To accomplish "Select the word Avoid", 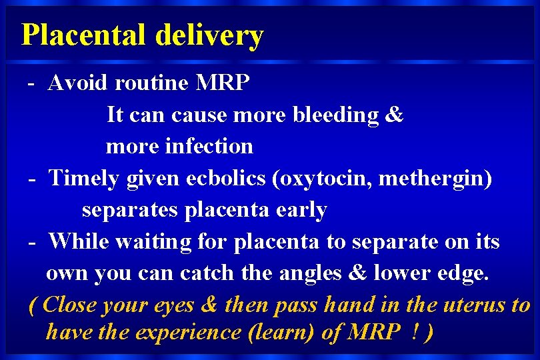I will point(79,83).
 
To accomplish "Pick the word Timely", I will point(84,179).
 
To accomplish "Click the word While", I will point(79,241).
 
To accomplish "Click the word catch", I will point(201,273).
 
